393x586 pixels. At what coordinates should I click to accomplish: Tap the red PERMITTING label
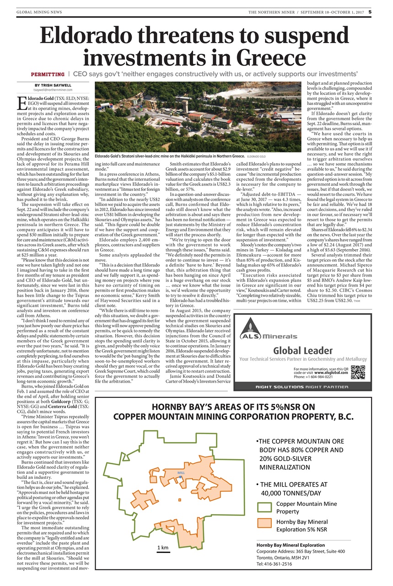click(48, 74)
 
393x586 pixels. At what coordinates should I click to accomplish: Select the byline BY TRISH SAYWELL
click(50, 85)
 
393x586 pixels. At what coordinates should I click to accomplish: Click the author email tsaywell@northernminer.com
click(50, 90)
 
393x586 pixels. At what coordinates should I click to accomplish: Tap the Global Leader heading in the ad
click(303, 351)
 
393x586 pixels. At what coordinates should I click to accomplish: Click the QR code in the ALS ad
click(357, 372)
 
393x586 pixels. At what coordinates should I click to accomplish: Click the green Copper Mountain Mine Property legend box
click(264, 507)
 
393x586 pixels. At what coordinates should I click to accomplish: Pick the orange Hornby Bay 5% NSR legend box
click(264, 525)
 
